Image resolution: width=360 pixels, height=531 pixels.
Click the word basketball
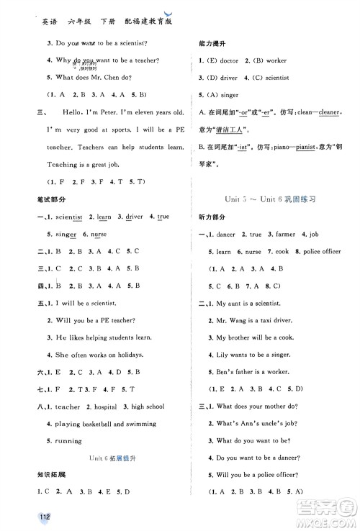(94, 424)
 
